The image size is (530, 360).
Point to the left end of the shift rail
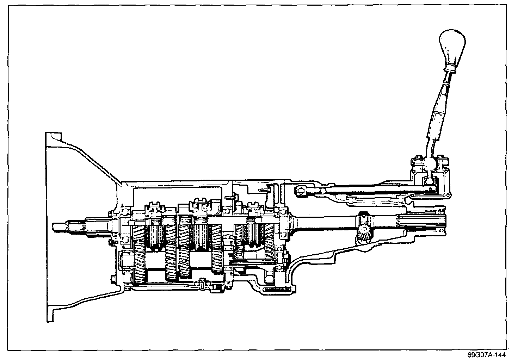coord(300,191)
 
